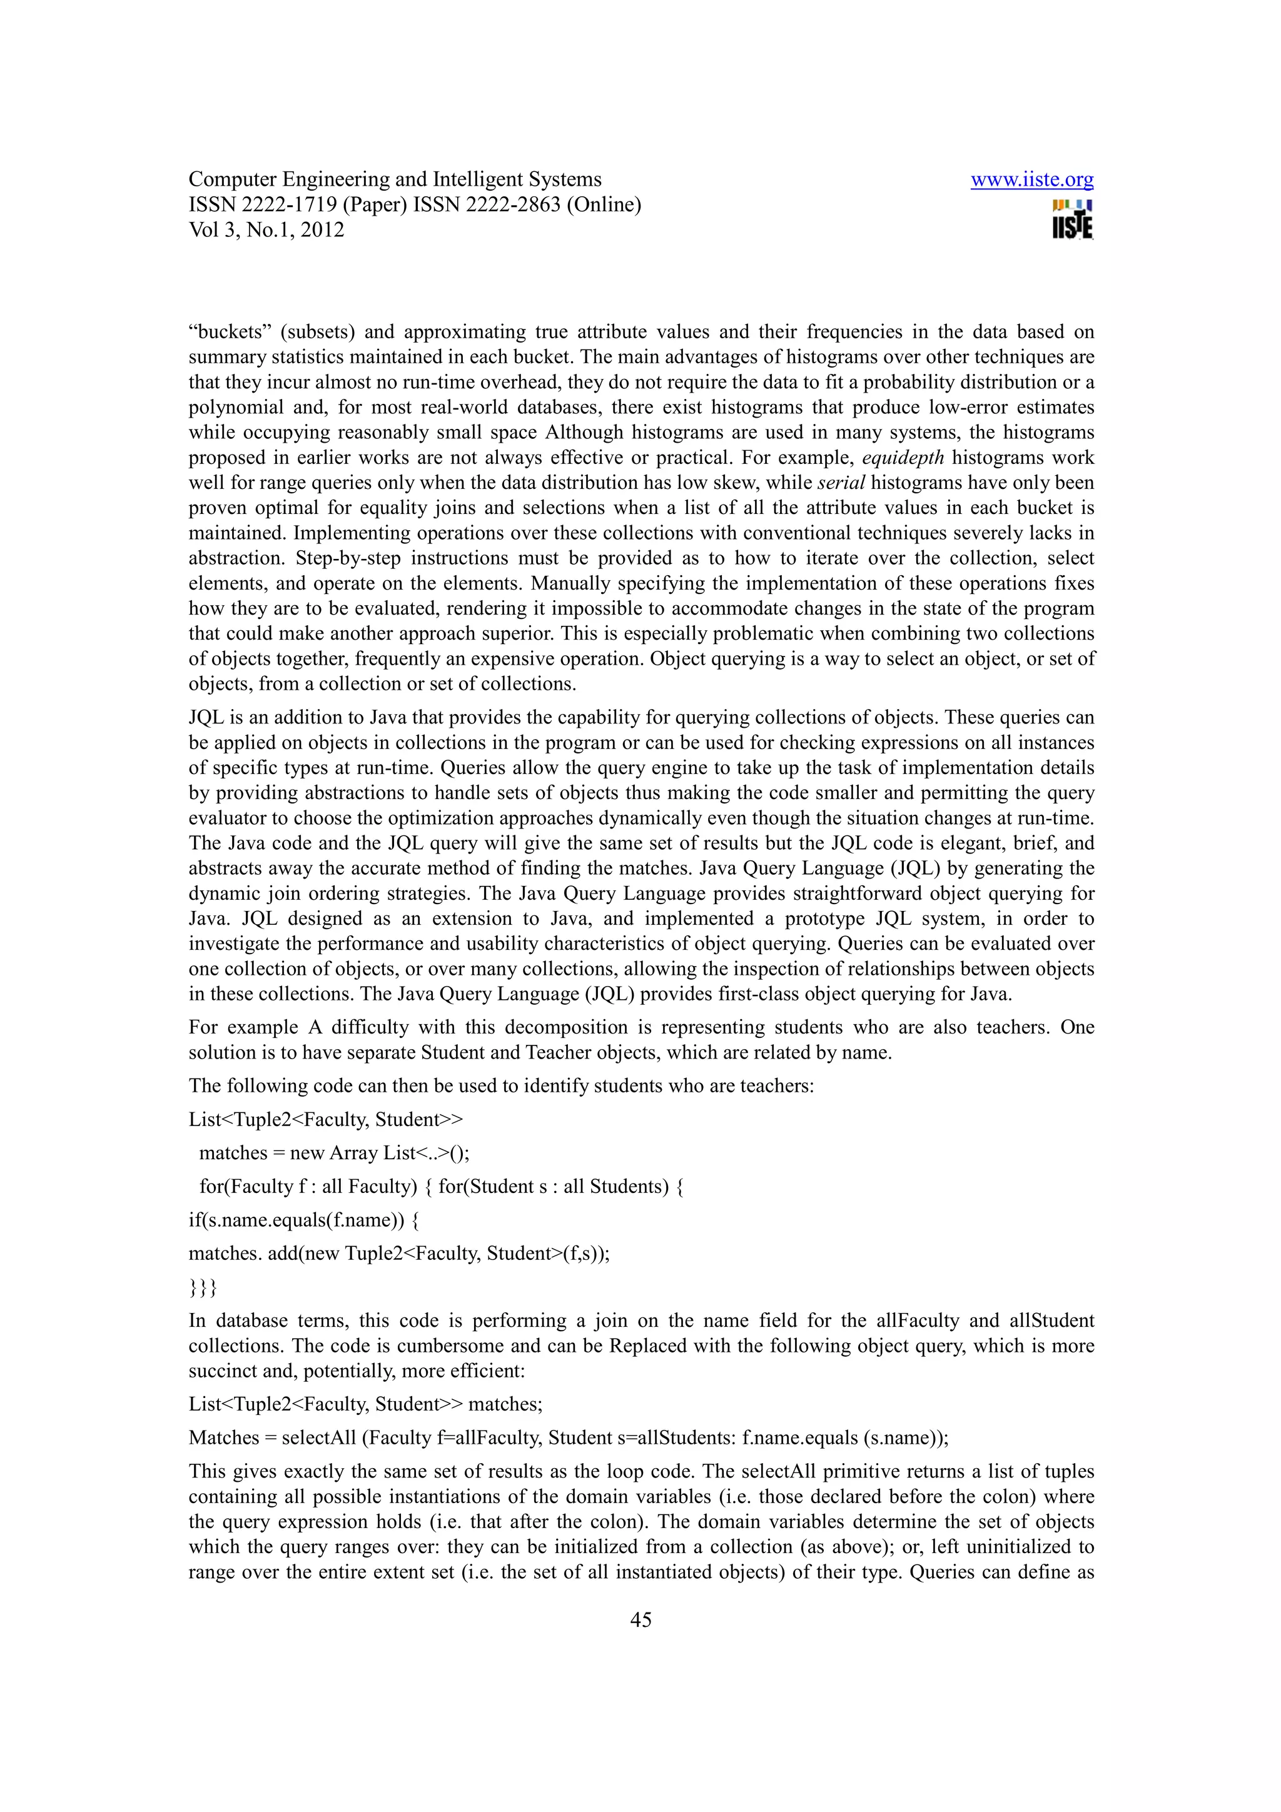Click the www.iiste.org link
coord(1031,180)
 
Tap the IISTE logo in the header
coord(1072,220)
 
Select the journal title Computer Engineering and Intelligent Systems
coord(395,180)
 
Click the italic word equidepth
coord(903,458)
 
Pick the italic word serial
coord(841,483)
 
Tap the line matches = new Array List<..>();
coord(334,1153)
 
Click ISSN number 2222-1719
coord(289,205)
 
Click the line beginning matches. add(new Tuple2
coord(398,1254)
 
